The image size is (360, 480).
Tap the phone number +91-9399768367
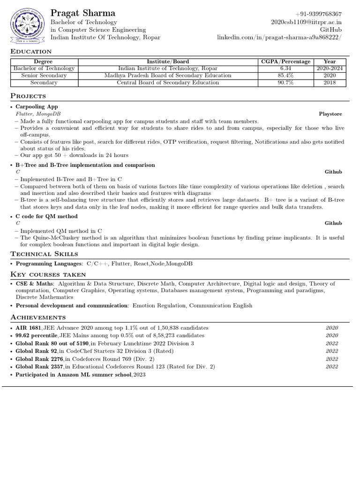(x=318, y=15)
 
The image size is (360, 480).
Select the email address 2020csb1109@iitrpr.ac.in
(x=306, y=22)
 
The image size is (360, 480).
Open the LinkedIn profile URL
(x=279, y=37)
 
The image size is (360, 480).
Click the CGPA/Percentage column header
(x=285, y=61)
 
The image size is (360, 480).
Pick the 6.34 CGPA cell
(x=285, y=68)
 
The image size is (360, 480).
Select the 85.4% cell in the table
(x=285, y=75)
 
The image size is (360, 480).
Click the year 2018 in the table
(x=330, y=82)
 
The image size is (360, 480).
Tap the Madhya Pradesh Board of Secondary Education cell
(x=167, y=75)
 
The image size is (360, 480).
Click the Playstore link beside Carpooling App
(x=330, y=114)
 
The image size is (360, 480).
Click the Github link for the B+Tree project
(x=333, y=172)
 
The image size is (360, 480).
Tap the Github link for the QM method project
(x=333, y=224)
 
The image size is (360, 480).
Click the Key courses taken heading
(x=48, y=274)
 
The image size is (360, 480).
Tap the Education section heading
(x=31, y=52)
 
